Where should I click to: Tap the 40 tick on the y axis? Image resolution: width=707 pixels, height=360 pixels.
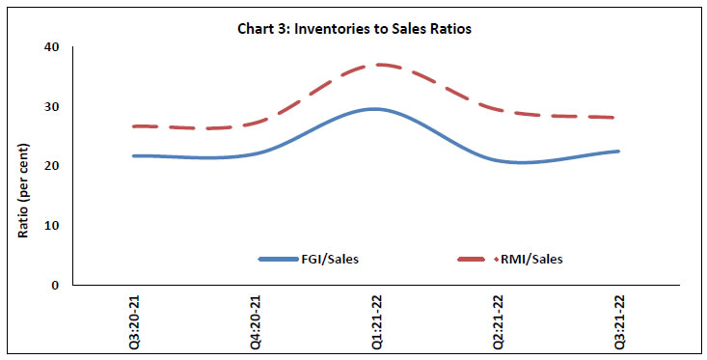(50, 47)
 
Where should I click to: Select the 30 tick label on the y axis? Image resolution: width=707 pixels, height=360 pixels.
(50, 107)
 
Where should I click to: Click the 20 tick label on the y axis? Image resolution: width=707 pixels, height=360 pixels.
(50, 166)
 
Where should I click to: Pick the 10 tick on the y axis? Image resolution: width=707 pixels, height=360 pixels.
(50, 226)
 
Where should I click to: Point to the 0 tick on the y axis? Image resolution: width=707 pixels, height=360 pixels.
(54, 286)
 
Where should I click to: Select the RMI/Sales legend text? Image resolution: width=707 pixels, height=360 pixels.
(530, 260)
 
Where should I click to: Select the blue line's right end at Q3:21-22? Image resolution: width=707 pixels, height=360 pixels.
(618, 152)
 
